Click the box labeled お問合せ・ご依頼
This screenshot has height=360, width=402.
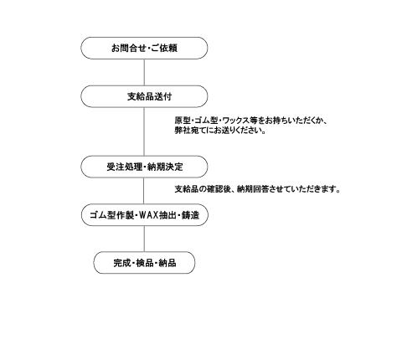coord(144,48)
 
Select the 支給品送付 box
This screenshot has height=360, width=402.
coord(144,96)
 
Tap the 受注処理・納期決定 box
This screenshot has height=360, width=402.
coord(144,167)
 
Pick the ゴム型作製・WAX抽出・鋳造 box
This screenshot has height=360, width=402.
coord(145,215)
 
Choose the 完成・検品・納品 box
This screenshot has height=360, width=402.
coord(144,263)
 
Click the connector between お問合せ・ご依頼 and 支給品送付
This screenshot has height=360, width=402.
coord(144,72)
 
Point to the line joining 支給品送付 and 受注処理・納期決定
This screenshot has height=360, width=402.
coord(144,131)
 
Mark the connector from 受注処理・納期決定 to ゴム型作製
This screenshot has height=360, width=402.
coord(144,191)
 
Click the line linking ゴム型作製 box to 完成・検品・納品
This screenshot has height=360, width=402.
coord(144,239)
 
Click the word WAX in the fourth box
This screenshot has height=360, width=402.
coord(148,215)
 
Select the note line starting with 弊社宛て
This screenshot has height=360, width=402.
coord(220,130)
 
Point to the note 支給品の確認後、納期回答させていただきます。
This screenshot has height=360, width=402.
coord(257,189)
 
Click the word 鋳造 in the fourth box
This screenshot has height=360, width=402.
coord(190,215)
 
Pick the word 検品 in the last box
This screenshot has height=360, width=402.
coord(145,263)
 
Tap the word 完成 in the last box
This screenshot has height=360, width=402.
coord(122,263)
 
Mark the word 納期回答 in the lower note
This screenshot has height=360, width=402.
coord(253,189)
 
